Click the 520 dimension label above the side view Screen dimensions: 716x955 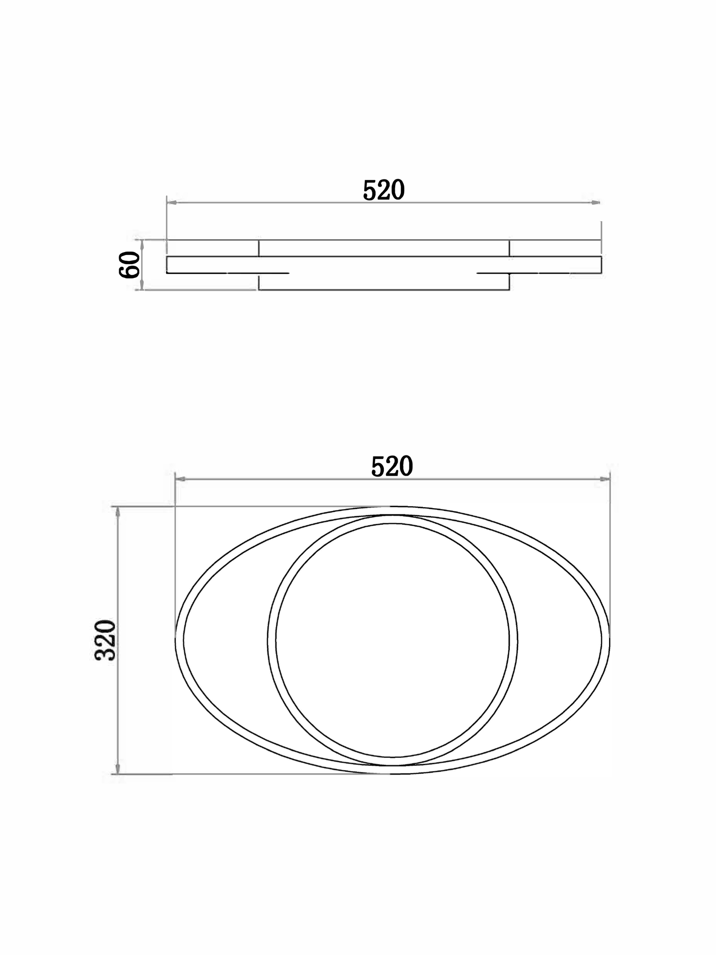tap(384, 190)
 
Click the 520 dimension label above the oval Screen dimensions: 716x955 tap(392, 467)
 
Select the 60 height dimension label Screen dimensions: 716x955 tap(129, 265)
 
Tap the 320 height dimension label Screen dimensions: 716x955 tap(105, 640)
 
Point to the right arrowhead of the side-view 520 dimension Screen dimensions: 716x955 tap(596, 203)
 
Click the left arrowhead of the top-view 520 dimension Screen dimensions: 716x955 tap(180, 479)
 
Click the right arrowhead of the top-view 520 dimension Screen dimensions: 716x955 tap(605, 479)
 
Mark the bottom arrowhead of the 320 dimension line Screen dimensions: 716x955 tap(118, 769)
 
